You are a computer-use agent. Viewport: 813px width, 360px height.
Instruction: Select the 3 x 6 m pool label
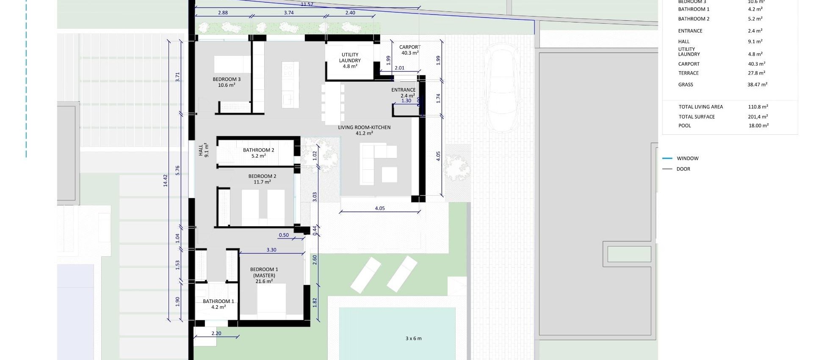413,338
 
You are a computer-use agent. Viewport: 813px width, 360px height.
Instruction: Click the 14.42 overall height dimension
166,181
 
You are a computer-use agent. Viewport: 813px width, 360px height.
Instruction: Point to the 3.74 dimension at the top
289,13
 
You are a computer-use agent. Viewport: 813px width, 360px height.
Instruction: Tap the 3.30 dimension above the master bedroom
271,250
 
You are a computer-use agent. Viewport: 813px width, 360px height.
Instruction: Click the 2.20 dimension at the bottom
216,333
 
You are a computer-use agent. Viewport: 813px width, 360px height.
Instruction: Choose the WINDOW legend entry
687,158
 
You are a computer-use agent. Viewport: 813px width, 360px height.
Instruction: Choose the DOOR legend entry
683,169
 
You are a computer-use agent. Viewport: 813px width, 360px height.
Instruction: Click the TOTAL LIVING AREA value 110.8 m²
758,107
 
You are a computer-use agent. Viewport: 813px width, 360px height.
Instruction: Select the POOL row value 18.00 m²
758,126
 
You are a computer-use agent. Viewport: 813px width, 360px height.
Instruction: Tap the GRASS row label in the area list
686,85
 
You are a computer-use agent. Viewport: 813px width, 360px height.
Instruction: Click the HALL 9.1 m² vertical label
204,150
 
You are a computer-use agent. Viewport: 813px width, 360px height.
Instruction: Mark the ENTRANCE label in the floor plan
403,90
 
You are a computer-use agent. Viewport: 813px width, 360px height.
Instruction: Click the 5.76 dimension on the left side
178,170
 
